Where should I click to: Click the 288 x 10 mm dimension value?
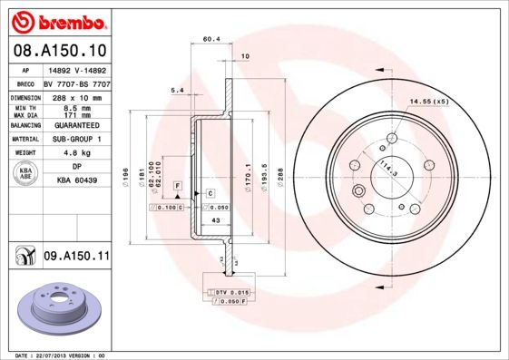(73, 96)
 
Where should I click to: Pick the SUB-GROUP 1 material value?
(73, 140)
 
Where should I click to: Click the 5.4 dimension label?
(177, 91)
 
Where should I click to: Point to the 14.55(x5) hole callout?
(428, 101)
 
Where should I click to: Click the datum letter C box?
(210, 193)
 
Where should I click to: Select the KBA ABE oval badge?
(26, 173)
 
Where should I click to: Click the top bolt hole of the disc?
(391, 138)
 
